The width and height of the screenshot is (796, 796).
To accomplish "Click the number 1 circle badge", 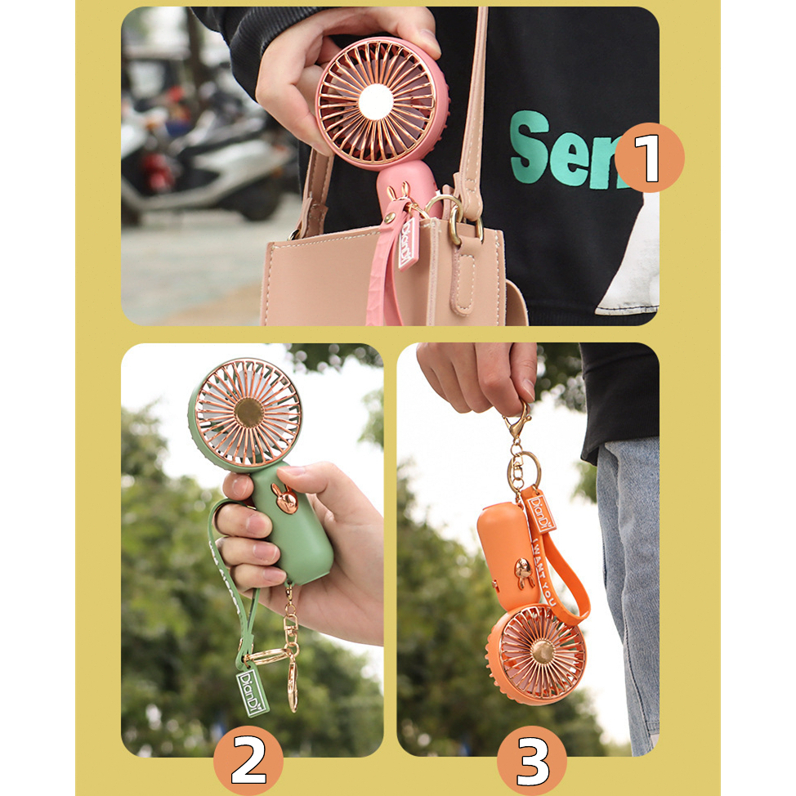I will (x=649, y=158).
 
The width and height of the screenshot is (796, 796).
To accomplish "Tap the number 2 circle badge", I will (x=248, y=761).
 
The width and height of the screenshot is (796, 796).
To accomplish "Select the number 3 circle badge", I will (x=532, y=761).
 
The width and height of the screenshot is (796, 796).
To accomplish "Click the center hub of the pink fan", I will (x=376, y=102).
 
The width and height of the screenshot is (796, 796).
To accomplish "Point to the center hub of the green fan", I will (x=248, y=413).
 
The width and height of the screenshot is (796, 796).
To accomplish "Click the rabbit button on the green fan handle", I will (x=285, y=499).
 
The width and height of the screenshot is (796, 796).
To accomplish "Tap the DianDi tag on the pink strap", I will (x=407, y=244).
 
